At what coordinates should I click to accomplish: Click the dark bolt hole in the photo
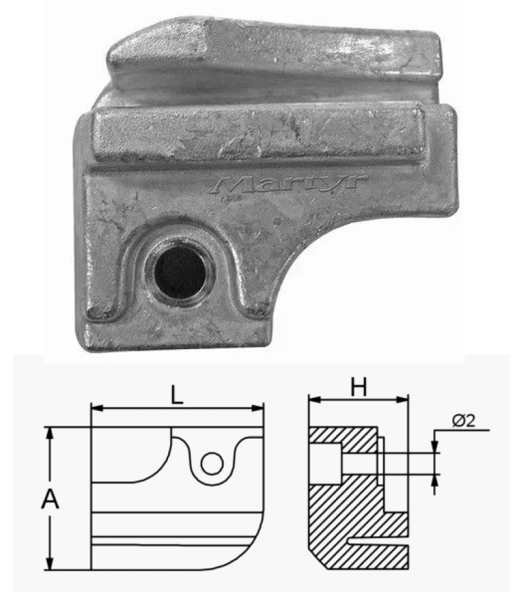[180, 271]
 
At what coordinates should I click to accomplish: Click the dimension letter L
[176, 395]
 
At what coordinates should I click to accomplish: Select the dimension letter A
[50, 499]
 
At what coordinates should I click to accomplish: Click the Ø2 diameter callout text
[463, 421]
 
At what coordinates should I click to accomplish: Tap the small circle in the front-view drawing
[212, 463]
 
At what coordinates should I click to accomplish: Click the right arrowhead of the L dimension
[258, 408]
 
